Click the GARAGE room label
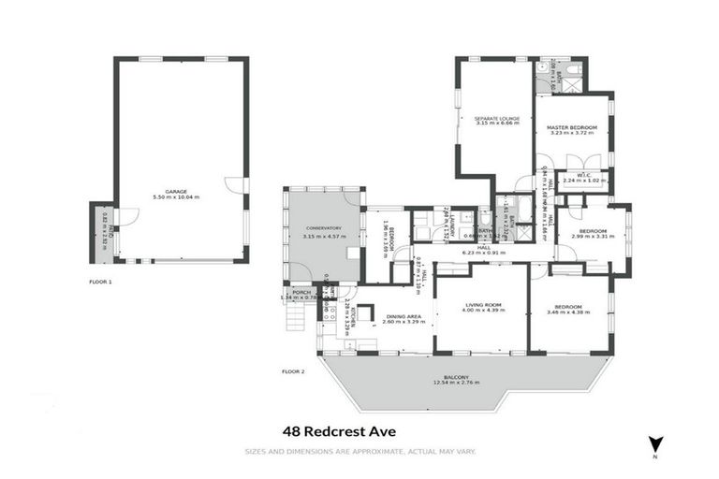[x=178, y=192]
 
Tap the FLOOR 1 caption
[x=100, y=282]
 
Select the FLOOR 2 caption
[x=293, y=371]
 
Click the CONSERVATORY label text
[x=323, y=228]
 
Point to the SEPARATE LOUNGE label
[x=496, y=119]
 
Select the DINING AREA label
[x=404, y=316]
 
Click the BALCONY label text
[x=457, y=377]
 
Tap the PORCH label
[x=301, y=292]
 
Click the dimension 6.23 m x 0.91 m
[x=483, y=253]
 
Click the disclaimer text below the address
[x=359, y=452]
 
